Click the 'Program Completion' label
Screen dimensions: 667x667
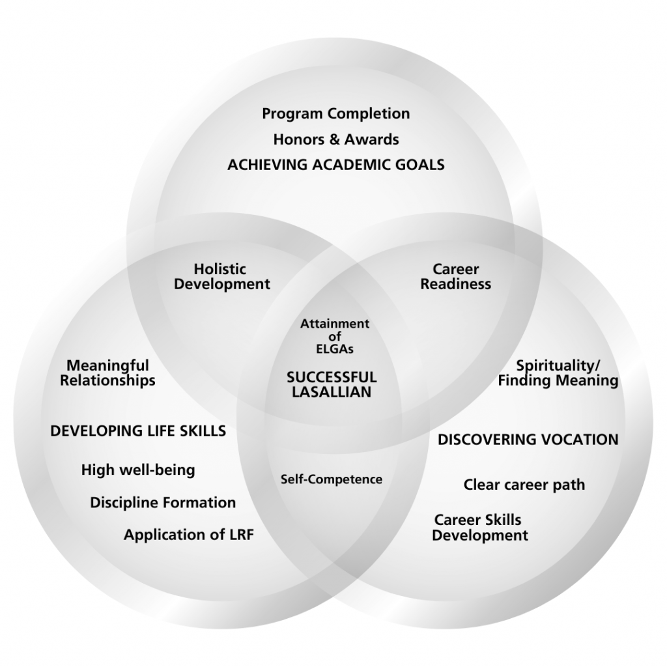click(336, 114)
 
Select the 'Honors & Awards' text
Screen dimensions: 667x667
click(336, 139)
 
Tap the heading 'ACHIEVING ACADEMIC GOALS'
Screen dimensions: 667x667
click(336, 165)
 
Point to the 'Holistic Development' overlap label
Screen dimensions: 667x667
click(221, 277)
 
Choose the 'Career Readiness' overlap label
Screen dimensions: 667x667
click(456, 277)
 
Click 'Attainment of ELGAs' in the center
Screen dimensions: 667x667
click(334, 336)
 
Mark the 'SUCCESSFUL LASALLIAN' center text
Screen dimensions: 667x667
click(332, 384)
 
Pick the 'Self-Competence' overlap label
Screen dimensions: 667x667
click(332, 479)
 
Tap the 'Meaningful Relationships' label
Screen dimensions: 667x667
click(107, 373)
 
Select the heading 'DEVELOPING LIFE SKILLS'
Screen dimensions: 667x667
click(138, 431)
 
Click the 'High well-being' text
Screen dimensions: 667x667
click(138, 470)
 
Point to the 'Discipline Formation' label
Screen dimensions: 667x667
click(163, 503)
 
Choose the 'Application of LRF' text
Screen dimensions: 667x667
click(189, 535)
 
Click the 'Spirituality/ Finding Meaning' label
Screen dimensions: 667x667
click(558, 373)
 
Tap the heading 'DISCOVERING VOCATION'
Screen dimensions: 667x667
click(528, 440)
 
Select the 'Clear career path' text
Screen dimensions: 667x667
click(524, 485)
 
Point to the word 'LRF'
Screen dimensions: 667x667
click(238, 535)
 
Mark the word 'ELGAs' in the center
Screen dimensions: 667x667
click(334, 349)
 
